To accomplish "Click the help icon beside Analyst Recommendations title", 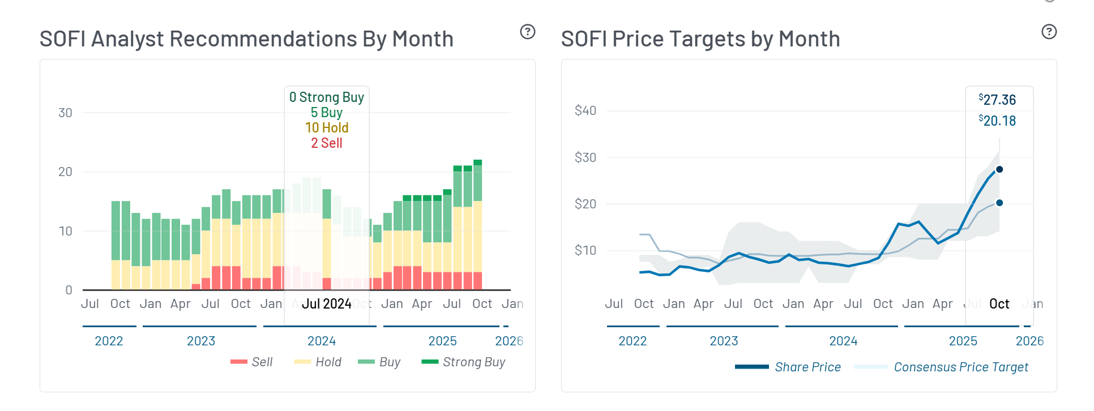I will (527, 32).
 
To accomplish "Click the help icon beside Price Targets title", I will (1049, 32).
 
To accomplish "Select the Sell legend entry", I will (252, 362).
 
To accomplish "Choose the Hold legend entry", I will (318, 362).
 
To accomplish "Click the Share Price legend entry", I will (788, 367).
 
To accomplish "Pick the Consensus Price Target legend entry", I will (941, 367).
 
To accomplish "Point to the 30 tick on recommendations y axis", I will (65, 113).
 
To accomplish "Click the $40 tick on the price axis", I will (585, 110).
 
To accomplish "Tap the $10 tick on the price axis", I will (585, 250).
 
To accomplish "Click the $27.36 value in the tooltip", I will (998, 100).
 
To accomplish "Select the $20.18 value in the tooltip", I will (998, 121).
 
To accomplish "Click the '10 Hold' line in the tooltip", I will (327, 128).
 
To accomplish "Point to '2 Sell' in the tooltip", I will (327, 143).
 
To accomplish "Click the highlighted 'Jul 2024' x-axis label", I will (327, 304).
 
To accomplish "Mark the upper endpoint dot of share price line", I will (999, 169).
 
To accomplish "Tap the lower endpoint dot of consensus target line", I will (999, 203).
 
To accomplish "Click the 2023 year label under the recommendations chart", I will (201, 341).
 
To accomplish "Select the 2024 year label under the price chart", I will (843, 341).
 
